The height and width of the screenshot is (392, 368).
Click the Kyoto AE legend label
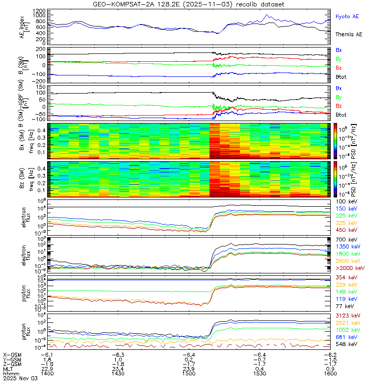(347, 17)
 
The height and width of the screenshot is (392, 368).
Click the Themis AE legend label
(349, 34)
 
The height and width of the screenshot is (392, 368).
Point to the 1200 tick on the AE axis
(39, 11)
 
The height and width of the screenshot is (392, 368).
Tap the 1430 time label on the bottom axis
(118, 373)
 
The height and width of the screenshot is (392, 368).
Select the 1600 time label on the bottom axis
(330, 373)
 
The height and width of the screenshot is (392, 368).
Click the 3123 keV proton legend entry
(348, 316)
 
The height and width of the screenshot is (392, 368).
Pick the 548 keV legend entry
(346, 344)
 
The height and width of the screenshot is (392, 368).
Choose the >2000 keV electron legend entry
(350, 268)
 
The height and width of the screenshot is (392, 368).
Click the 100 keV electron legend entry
(346, 202)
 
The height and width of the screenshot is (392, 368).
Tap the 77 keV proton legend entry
(345, 306)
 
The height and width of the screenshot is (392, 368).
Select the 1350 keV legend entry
(348, 247)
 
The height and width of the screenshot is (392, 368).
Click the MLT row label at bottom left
(8, 369)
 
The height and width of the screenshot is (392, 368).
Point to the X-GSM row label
(12, 355)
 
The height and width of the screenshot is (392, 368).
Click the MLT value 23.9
(189, 369)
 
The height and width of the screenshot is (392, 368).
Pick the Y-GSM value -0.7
(260, 360)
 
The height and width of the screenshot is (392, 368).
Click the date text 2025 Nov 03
(20, 378)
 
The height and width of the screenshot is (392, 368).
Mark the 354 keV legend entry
(346, 278)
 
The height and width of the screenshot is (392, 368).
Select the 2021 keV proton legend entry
(348, 323)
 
